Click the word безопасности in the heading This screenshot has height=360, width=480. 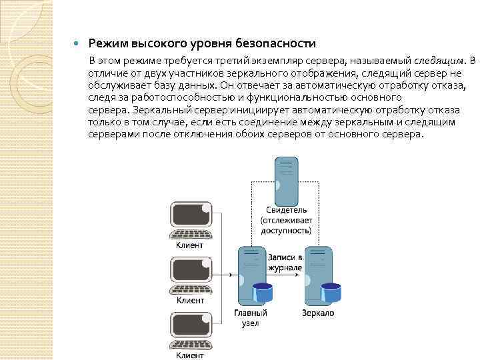click(x=275, y=44)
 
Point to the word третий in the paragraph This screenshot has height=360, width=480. click(x=203, y=62)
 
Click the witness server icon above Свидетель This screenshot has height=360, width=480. click(x=286, y=181)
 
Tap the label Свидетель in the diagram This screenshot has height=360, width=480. click(x=286, y=210)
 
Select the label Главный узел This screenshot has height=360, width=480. click(x=251, y=317)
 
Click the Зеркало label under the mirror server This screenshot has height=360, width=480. click(x=318, y=313)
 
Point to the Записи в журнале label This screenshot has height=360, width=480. click(x=285, y=262)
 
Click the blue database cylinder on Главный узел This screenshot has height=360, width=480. click(x=262, y=291)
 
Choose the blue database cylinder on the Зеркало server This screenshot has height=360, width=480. click(x=330, y=291)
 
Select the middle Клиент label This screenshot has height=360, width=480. click(x=190, y=301)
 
